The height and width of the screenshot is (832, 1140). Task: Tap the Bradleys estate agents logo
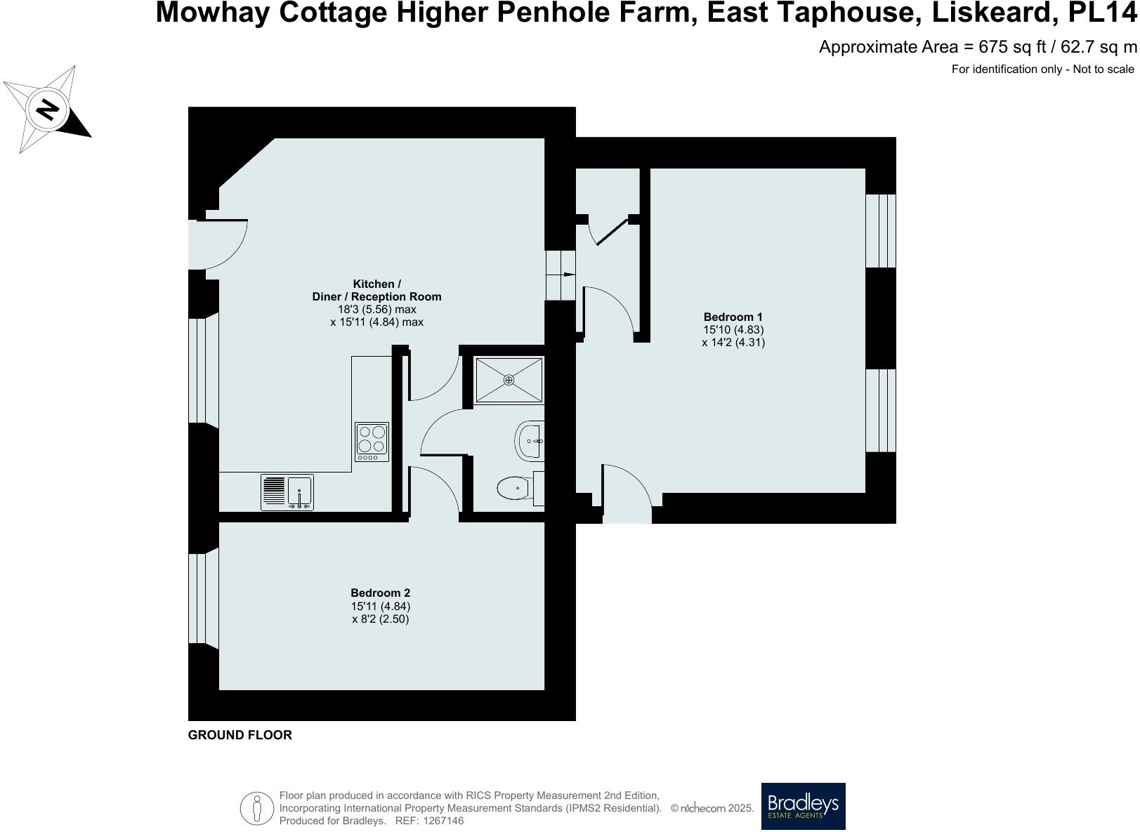(803, 806)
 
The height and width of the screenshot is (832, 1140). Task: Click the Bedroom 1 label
(733, 317)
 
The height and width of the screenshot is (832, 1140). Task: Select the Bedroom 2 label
(380, 593)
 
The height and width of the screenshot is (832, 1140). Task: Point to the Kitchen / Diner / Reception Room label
(376, 291)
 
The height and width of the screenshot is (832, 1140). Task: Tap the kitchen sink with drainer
(287, 491)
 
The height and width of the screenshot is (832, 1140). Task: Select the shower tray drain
(509, 380)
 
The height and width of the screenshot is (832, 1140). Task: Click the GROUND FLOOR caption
(240, 735)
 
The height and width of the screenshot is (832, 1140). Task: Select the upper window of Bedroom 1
(880, 230)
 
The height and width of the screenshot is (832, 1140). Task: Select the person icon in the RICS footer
(257, 808)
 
